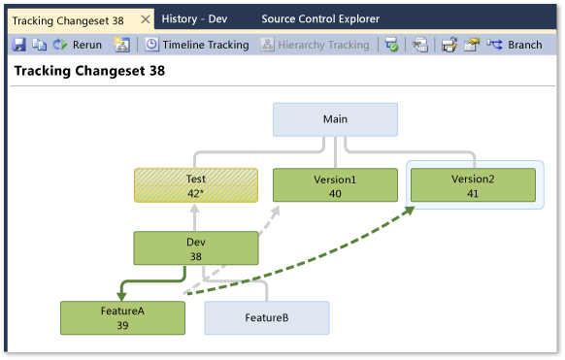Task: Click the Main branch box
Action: pyautogui.click(x=335, y=119)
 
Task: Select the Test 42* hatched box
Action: pyautogui.click(x=195, y=185)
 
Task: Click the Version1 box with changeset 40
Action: pyautogui.click(x=335, y=185)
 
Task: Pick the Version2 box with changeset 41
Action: pyautogui.click(x=473, y=185)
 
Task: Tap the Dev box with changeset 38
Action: pyautogui.click(x=195, y=248)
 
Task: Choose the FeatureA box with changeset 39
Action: pyautogui.click(x=122, y=317)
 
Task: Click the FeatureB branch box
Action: pyautogui.click(x=266, y=317)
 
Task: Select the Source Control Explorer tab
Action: pyautogui.click(x=320, y=18)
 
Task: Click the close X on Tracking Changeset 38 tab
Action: pyautogui.click(x=144, y=18)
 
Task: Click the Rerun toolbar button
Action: pyautogui.click(x=77, y=45)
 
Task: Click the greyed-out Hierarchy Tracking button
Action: pyautogui.click(x=316, y=45)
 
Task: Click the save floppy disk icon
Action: pyautogui.click(x=18, y=45)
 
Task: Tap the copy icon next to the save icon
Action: pyautogui.click(x=39, y=45)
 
